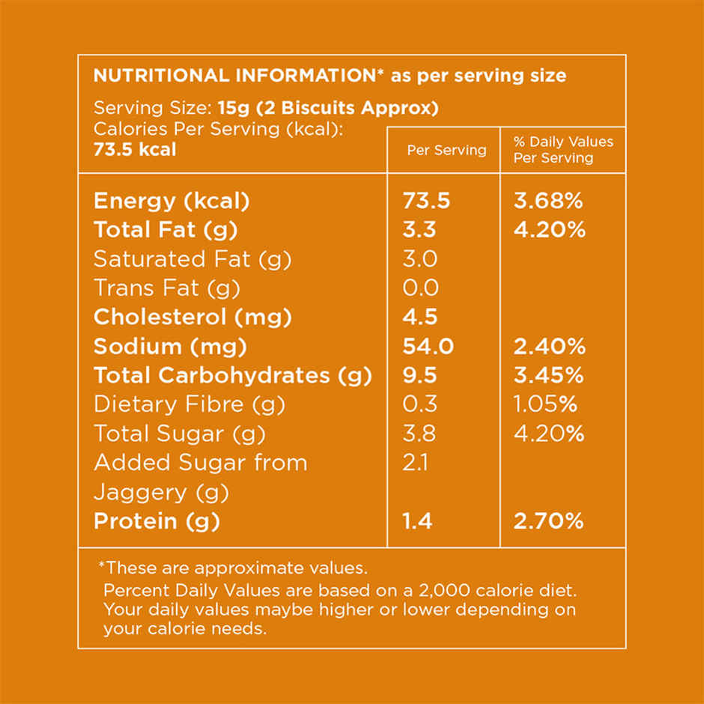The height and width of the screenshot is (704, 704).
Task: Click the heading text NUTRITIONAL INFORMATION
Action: pyautogui.click(x=233, y=76)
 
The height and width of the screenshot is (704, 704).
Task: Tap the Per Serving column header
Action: pyautogui.click(x=446, y=150)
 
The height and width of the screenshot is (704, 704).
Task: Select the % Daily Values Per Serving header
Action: pyautogui.click(x=562, y=150)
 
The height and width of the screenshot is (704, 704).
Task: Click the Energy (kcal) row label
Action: pyautogui.click(x=172, y=201)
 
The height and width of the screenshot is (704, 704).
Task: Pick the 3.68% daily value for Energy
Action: pyautogui.click(x=549, y=201)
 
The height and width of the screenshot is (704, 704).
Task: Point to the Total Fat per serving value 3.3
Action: pyautogui.click(x=419, y=230)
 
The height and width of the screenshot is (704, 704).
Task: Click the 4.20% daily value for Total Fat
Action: pyautogui.click(x=549, y=230)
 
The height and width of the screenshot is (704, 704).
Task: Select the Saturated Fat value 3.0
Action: pyautogui.click(x=419, y=259)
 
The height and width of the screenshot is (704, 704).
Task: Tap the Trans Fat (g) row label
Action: pyautogui.click(x=167, y=288)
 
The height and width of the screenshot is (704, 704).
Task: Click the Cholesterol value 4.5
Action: pyautogui.click(x=419, y=317)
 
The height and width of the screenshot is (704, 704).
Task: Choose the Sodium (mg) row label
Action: pyautogui.click(x=170, y=346)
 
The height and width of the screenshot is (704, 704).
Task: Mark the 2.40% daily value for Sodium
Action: pyautogui.click(x=549, y=346)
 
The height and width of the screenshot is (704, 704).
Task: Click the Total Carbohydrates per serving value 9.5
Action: pyautogui.click(x=419, y=375)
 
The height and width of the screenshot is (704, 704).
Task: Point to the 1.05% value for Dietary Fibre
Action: pyautogui.click(x=545, y=404)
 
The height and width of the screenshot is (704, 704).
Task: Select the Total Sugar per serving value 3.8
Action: pyautogui.click(x=419, y=434)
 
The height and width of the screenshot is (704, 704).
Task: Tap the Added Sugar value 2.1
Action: pyautogui.click(x=415, y=463)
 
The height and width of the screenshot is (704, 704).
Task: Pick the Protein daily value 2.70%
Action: pyautogui.click(x=548, y=521)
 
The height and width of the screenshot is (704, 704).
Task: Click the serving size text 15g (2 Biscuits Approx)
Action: pyautogui.click(x=328, y=108)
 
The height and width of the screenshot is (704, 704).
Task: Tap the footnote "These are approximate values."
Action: pyautogui.click(x=233, y=568)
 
